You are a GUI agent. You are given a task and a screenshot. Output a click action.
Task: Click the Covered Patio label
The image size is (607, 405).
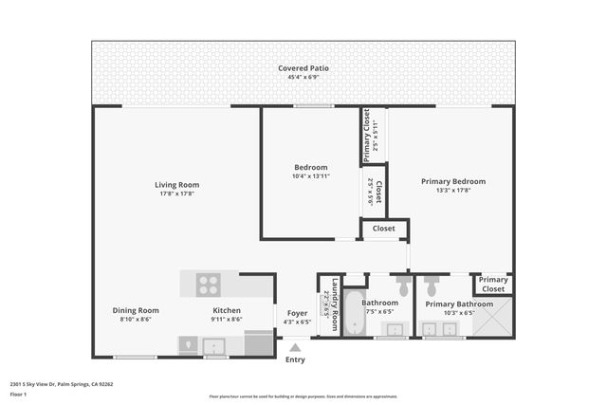pyautogui.click(x=303, y=68)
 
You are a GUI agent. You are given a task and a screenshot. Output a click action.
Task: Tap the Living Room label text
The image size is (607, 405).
pyautogui.click(x=176, y=184)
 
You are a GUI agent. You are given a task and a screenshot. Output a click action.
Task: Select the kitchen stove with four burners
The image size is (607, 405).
pyautogui.click(x=209, y=284)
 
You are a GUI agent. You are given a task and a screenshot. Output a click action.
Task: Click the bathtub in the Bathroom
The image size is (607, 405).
pyautogui.click(x=355, y=313)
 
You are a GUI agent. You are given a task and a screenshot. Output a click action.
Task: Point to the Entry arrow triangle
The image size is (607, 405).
pyautogui.click(x=295, y=347)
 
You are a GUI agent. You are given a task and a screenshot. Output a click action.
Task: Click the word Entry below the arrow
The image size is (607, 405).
pyautogui.click(x=295, y=359)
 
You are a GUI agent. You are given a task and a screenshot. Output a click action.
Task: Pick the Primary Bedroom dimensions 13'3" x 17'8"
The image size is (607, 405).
pyautogui.click(x=453, y=190)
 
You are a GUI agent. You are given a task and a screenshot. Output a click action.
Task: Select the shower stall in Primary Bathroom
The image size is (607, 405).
pyautogui.click(x=493, y=318)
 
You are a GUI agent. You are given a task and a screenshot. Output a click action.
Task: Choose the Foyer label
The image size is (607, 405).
pyautogui.click(x=297, y=311)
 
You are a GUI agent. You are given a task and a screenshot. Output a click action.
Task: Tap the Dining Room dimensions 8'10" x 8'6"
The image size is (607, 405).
pyautogui.click(x=136, y=320)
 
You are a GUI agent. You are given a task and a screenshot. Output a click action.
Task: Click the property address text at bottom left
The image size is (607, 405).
pyautogui.click(x=61, y=384)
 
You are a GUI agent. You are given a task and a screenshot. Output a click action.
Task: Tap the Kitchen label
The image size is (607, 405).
pyautogui.click(x=226, y=310)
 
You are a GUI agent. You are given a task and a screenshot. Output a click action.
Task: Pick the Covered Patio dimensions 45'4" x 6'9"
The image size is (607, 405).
pyautogui.click(x=303, y=78)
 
